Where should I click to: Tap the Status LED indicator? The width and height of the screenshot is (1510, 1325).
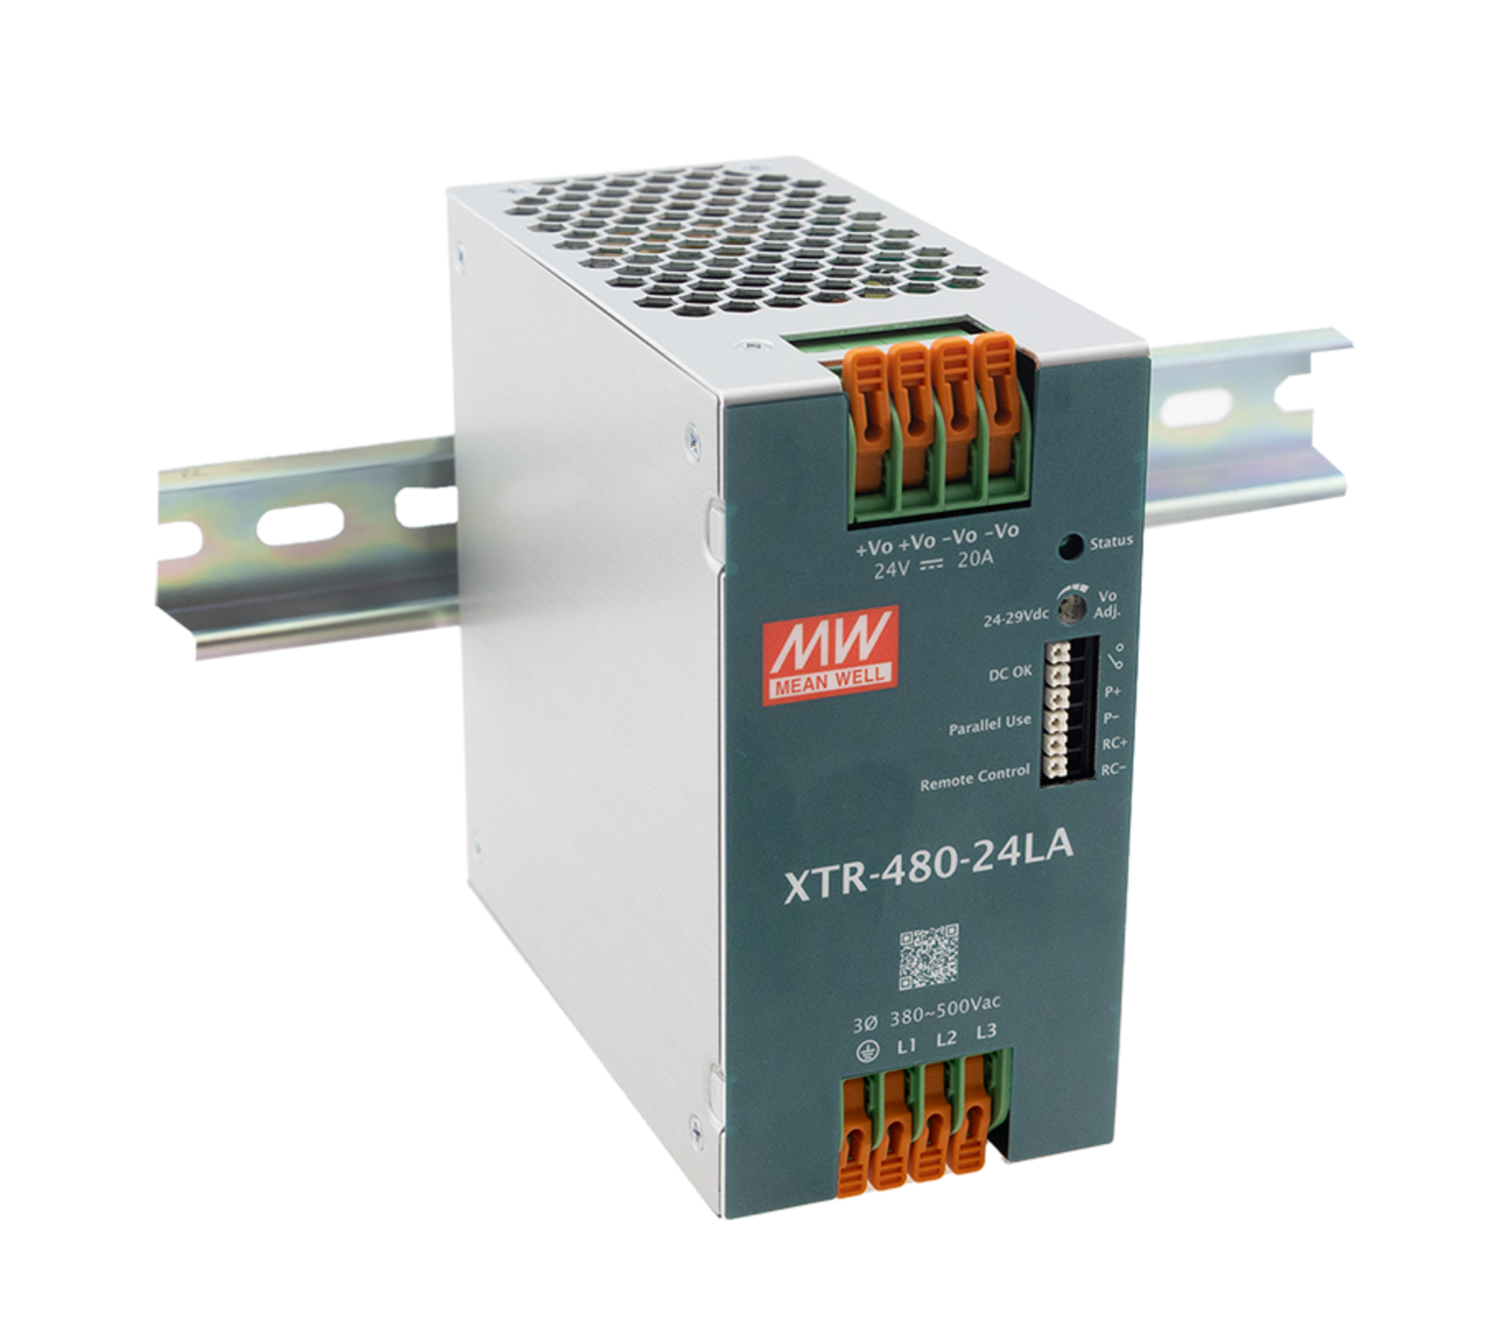click(1068, 548)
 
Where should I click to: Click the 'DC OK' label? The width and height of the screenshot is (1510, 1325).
click(1010, 674)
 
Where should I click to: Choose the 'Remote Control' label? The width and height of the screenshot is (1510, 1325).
click(975, 777)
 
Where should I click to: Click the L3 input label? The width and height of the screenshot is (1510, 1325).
click(985, 1031)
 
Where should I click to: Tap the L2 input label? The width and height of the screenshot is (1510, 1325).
click(946, 1038)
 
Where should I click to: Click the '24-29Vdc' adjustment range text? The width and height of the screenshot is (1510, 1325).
click(1015, 617)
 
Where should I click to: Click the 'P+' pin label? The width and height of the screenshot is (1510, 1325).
click(1112, 692)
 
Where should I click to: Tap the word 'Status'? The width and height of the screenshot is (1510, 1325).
click(1110, 543)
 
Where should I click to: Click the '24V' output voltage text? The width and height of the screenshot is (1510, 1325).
click(892, 570)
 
